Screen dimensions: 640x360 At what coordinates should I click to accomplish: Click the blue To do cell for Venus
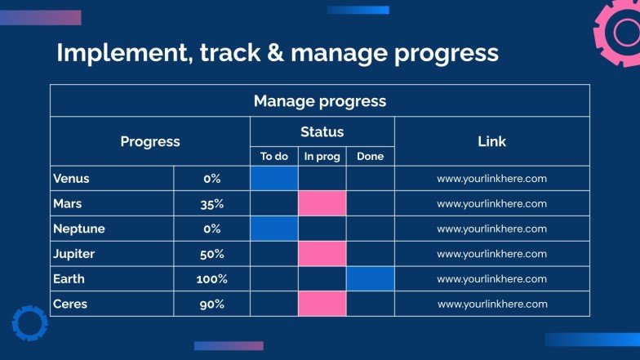[274, 178]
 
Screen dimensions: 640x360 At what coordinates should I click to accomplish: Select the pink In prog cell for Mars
[322, 203]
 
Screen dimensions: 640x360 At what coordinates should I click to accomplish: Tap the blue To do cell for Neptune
[274, 229]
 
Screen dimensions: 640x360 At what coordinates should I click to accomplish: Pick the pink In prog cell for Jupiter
[322, 253]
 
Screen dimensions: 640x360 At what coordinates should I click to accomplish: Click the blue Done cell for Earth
[371, 279]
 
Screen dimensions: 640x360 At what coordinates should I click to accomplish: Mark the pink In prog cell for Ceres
[322, 304]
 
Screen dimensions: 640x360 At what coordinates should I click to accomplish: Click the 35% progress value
[212, 204]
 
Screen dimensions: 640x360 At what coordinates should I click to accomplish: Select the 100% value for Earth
[212, 279]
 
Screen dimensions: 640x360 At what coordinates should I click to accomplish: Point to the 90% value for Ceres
[212, 304]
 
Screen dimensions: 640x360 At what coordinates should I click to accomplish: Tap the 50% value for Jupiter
[212, 255]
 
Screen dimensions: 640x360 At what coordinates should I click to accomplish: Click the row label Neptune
[78, 229]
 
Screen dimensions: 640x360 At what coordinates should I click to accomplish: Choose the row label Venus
[71, 178]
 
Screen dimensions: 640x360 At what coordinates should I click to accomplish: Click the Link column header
[491, 141]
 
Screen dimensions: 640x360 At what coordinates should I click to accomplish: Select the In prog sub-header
[322, 157]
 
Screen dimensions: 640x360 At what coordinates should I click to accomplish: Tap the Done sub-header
[371, 157]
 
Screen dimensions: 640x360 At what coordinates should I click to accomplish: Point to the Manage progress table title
[320, 101]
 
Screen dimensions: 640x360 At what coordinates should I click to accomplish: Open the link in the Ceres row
[493, 304]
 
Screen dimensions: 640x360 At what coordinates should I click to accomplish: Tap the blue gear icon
[29, 323]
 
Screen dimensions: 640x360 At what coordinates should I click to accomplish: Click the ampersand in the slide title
[276, 52]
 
